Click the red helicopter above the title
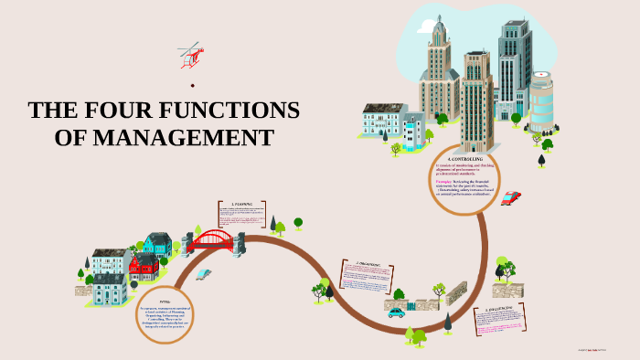tap(190, 54)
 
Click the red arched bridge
tap(212, 241)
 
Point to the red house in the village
tap(144, 266)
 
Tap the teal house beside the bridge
tap(156, 244)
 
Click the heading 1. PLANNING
tap(241, 204)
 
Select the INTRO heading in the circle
tap(165, 300)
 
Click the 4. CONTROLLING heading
tap(465, 159)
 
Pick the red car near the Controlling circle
tap(510, 197)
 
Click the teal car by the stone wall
tap(396, 312)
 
